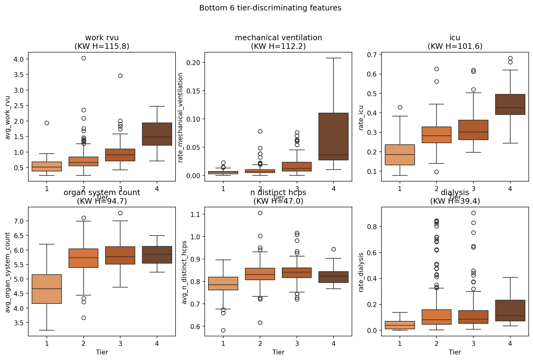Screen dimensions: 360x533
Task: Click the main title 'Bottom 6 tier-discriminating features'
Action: click(270, 8)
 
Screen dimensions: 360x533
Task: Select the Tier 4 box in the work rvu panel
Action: click(157, 134)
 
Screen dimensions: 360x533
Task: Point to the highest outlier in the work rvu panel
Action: click(84, 58)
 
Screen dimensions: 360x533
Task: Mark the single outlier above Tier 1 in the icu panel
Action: click(400, 107)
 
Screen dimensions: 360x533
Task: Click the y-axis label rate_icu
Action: click(361, 118)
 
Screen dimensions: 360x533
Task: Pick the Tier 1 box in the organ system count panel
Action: click(47, 289)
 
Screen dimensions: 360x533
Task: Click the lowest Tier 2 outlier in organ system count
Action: click(84, 318)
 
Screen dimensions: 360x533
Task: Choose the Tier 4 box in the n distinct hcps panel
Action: click(334, 277)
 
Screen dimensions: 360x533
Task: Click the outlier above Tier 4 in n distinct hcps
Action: click(334, 249)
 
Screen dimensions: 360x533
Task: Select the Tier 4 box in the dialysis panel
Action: click(510, 311)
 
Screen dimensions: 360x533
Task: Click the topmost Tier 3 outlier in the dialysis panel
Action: click(473, 213)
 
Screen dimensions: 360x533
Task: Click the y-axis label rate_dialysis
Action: click(361, 272)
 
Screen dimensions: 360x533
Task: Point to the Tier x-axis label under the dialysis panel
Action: click(455, 352)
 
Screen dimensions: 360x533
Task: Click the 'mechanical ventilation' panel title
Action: click(278, 38)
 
